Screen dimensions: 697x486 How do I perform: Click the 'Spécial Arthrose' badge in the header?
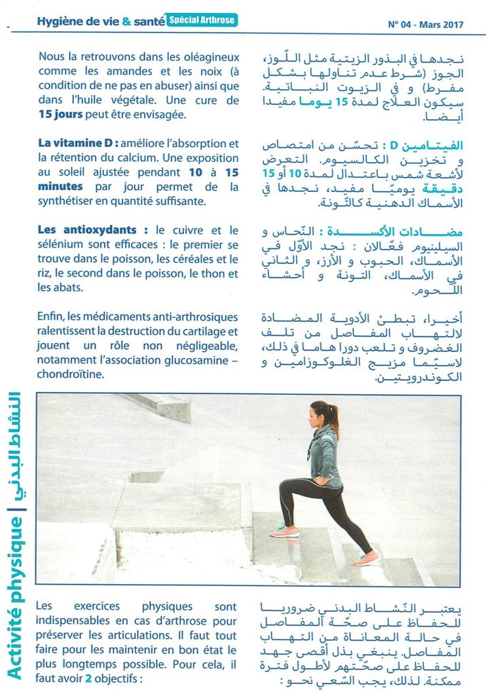point(202,20)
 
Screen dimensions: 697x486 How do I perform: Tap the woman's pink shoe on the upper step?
point(284,531)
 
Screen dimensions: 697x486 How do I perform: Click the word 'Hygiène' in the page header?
point(60,21)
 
